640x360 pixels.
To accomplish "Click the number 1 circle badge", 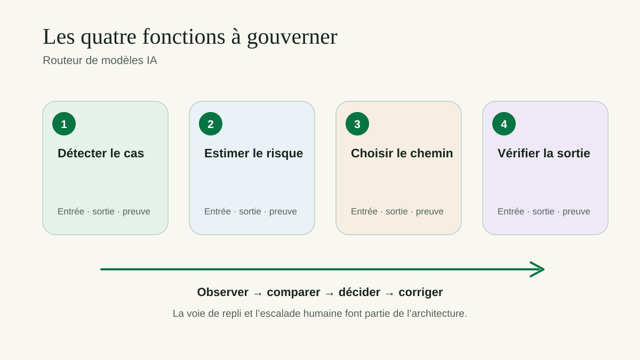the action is (x=64, y=124).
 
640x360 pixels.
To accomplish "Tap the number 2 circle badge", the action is (x=211, y=124).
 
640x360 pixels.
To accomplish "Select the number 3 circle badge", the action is (x=357, y=124).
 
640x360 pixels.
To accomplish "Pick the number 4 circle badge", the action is (x=504, y=124).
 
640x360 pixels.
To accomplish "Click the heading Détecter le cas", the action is (x=101, y=154).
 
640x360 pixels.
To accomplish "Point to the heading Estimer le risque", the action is (x=253, y=154).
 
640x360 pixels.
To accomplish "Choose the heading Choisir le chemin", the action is (x=402, y=154).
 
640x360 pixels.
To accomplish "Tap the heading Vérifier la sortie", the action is (x=543, y=154).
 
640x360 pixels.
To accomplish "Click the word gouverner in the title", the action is (x=292, y=38).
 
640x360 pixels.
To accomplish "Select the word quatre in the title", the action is (x=109, y=38).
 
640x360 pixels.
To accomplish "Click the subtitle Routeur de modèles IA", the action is (x=100, y=60).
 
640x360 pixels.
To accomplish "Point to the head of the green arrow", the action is (x=543, y=269).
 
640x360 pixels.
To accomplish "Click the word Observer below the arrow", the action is (x=223, y=292).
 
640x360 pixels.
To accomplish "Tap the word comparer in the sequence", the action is (x=293, y=293).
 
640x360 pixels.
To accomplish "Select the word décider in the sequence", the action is (x=359, y=292).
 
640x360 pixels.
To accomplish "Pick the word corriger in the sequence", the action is (x=421, y=293).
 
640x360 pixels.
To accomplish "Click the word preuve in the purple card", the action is (x=577, y=212).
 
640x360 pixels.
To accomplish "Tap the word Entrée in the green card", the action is (x=71, y=211).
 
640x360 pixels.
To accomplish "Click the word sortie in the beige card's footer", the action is (x=397, y=212).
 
